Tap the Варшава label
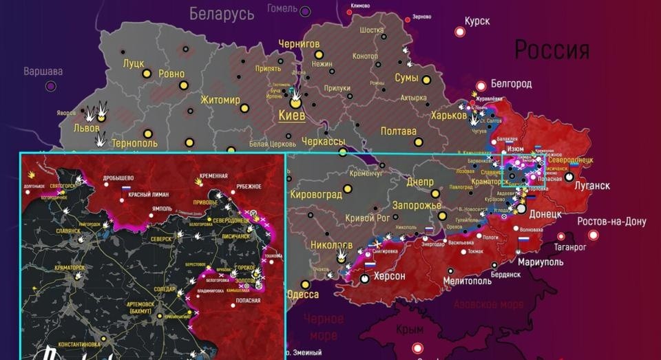pyautogui.click(x=43, y=71)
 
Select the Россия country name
pyautogui.click(x=552, y=50)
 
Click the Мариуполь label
pyautogui.click(x=540, y=262)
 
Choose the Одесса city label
pyautogui.click(x=302, y=294)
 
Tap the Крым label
pyautogui.click(x=410, y=330)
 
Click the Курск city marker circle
pyautogui.click(x=460, y=32)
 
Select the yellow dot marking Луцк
pyautogui.click(x=146, y=74)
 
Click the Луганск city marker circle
pyautogui.click(x=569, y=176)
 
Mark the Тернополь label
pyautogui.click(x=134, y=143)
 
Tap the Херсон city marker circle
pyautogui.click(x=364, y=278)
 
